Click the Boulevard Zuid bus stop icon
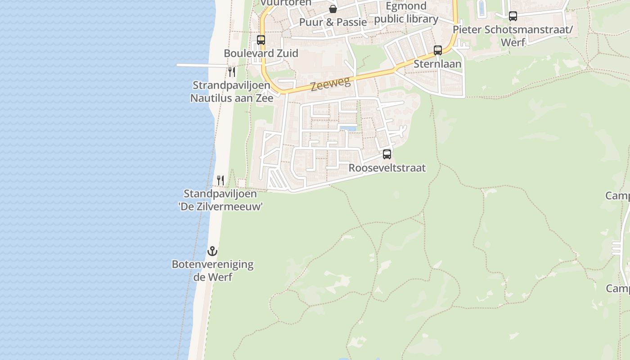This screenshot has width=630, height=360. click(x=261, y=40)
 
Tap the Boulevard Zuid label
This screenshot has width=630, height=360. click(x=261, y=53)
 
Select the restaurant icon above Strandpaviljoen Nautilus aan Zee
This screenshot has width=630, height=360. click(x=232, y=72)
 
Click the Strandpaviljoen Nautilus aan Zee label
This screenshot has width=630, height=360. click(x=232, y=91)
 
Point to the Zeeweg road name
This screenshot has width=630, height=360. click(x=324, y=84)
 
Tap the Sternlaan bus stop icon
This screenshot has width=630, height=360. click(x=438, y=50)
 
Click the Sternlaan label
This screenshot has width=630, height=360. click(x=437, y=64)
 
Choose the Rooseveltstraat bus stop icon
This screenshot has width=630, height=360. click(x=387, y=154)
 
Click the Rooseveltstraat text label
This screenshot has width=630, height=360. click(x=387, y=168)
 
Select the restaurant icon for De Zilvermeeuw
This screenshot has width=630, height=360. click(x=220, y=180)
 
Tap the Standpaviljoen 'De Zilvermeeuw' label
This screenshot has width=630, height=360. click(x=220, y=200)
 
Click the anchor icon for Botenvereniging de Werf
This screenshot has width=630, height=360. click(x=212, y=251)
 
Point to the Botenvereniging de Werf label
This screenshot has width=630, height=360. click(x=212, y=270)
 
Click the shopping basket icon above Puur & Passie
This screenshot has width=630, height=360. click(x=333, y=9)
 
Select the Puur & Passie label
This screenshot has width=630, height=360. click(x=333, y=22)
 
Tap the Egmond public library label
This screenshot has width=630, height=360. click(x=406, y=13)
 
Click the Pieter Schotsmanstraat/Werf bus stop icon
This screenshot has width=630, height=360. click(x=513, y=16)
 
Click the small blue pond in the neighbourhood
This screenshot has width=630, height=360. click(x=348, y=129)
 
